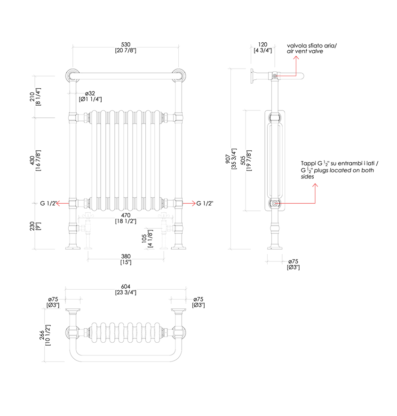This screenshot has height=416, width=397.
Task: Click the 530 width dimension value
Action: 125,44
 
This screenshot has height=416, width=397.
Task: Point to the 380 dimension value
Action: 126,256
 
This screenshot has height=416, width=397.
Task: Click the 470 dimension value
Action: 126,215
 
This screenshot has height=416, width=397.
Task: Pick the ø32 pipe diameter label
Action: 90,93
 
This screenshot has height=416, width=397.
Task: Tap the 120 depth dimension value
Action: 262,44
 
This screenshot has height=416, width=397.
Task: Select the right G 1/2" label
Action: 205,203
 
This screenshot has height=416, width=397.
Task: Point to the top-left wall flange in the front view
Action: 72,75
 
